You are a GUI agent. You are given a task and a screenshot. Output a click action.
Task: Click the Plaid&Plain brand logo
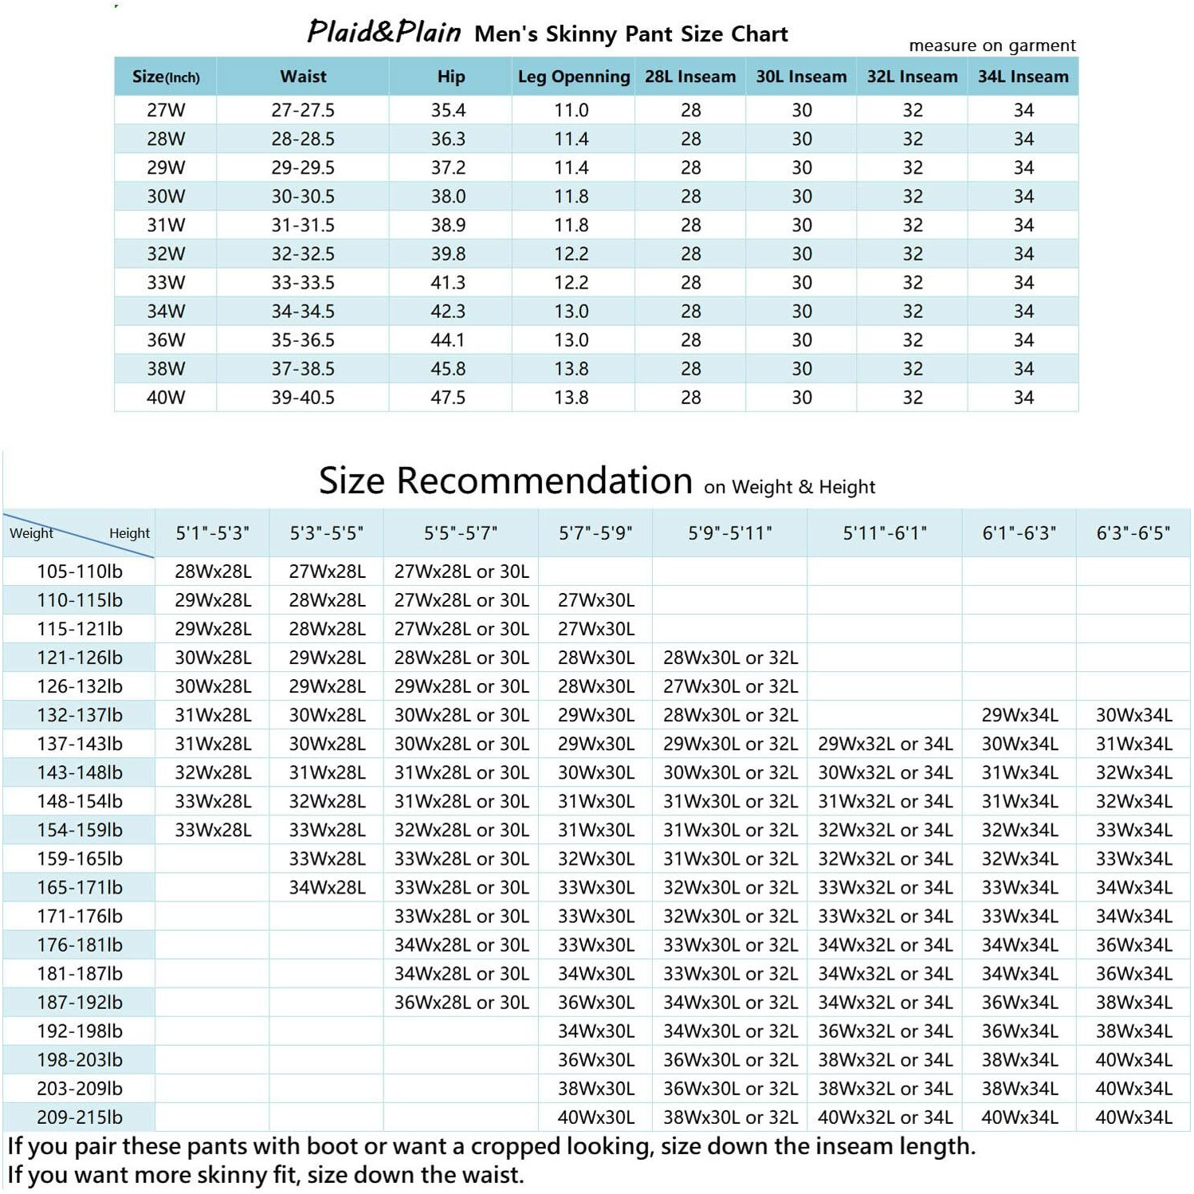[383, 33]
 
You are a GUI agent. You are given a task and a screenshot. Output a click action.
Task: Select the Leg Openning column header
[573, 77]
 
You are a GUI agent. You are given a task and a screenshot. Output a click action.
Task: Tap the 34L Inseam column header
[1023, 77]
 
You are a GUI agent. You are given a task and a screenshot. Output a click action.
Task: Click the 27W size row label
[166, 110]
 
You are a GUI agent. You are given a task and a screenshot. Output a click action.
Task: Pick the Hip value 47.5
[448, 397]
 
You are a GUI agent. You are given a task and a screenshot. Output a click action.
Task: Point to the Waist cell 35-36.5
[303, 340]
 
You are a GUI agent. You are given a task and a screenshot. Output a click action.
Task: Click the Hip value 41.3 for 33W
[448, 282]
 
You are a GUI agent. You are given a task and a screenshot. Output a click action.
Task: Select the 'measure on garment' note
[992, 45]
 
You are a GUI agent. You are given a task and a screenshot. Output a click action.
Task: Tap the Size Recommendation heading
[505, 481]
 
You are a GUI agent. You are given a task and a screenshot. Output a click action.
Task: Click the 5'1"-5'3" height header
[212, 532]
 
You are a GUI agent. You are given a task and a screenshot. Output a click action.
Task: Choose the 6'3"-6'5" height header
[1133, 532]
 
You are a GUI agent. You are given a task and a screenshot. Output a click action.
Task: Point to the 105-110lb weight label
[80, 571]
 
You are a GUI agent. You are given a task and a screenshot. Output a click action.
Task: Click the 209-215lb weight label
[80, 1117]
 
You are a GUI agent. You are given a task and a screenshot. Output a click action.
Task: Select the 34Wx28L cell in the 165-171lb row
[327, 887]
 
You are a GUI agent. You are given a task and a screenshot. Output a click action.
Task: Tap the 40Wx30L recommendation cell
[596, 1117]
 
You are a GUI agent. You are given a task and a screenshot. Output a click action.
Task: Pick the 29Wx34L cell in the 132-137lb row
[1019, 715]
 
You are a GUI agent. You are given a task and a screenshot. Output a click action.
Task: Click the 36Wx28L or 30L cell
[461, 1002]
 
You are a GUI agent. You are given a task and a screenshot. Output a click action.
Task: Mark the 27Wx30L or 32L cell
[730, 686]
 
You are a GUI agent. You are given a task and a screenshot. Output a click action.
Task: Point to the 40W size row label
[166, 397]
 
